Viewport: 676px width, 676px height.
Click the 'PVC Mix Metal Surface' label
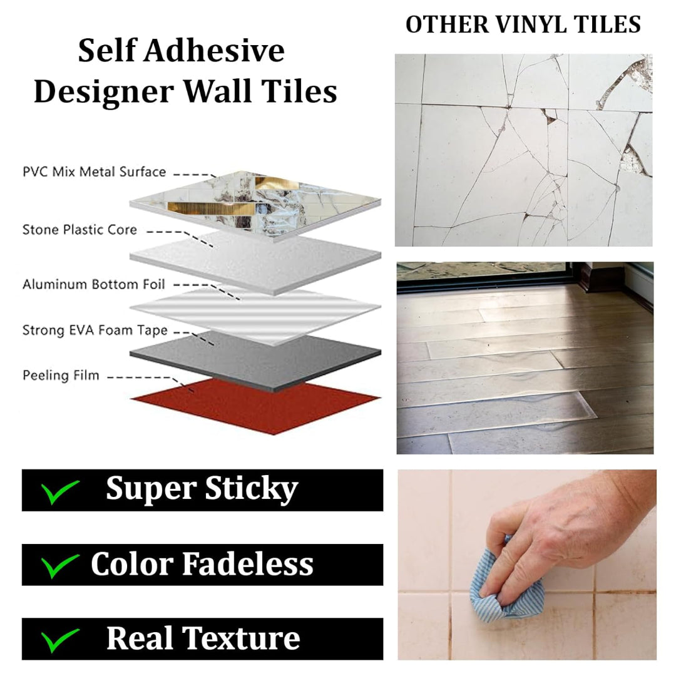94,172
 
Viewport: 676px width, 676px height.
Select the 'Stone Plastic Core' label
79,230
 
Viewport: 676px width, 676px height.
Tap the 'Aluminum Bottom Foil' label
93,285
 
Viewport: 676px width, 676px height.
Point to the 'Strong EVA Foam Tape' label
95,330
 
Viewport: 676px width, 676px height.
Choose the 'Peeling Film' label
61,376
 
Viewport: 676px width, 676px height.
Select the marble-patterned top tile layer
255,206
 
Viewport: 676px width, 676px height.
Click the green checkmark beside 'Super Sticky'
59,491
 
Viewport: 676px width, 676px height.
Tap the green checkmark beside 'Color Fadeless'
59,566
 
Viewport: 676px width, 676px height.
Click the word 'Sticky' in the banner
252,489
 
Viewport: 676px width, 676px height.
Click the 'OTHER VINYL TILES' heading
523,24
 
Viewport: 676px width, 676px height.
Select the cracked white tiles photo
523,150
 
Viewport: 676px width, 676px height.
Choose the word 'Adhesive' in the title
214,51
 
